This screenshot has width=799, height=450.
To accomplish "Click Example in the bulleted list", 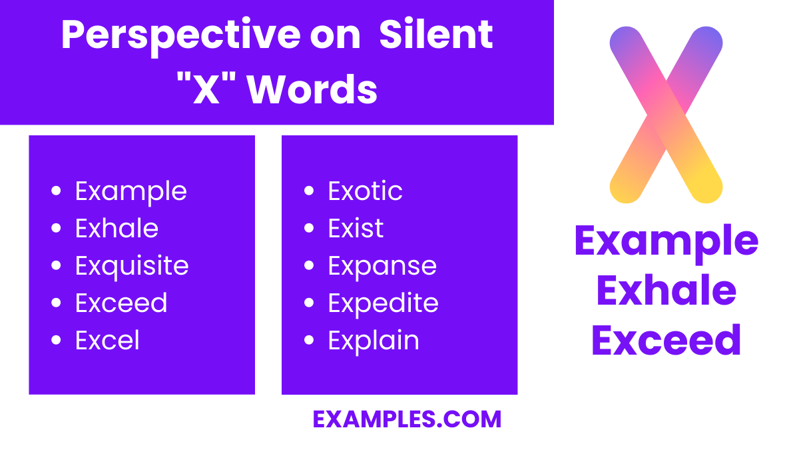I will click(131, 191).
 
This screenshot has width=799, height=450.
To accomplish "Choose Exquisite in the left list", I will click(132, 266).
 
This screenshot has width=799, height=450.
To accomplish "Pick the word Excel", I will click(107, 341).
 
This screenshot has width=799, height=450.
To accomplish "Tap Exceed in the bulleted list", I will click(121, 303).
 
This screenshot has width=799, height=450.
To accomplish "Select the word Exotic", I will click(365, 191).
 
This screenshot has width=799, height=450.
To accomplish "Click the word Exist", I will click(356, 229).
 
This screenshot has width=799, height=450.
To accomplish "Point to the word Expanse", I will click(382, 266).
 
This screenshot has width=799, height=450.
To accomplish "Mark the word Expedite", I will click(383, 303).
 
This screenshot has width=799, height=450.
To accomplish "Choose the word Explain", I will click(374, 341).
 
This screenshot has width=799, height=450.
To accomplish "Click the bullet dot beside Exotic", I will click(308, 191).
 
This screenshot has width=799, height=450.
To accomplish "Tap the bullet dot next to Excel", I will click(56, 341).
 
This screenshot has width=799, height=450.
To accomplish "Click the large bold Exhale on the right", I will click(666, 291).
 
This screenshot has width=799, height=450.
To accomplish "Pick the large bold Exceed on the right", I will click(666, 339).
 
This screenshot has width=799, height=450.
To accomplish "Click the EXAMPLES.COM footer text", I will click(407, 419).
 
